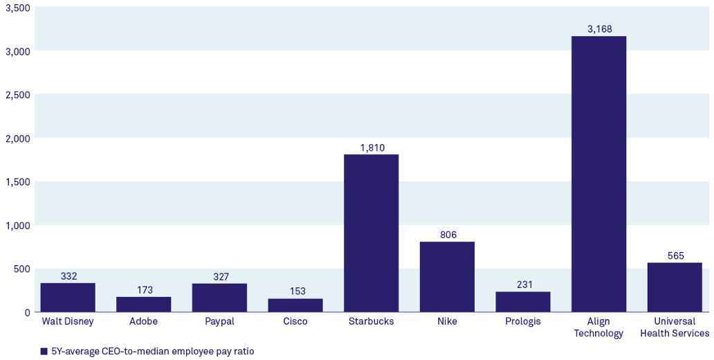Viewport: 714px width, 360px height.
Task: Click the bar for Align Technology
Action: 599,174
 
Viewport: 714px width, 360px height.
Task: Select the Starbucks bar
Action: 371,233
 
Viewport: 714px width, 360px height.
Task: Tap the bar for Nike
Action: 447,276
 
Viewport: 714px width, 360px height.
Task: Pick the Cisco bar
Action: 295,305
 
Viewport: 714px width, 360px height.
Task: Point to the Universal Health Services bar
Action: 675,287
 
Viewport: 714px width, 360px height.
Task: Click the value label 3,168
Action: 599,29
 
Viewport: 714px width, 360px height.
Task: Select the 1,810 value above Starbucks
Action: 372,147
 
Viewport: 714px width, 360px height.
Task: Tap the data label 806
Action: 448,235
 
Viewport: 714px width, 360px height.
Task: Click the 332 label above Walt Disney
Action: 68,276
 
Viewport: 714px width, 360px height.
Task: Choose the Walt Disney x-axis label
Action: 68,321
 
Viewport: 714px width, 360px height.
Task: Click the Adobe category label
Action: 143,321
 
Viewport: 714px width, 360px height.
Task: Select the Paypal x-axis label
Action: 219,321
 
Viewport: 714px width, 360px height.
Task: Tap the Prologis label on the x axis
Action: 523,321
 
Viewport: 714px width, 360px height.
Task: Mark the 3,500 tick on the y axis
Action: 17,8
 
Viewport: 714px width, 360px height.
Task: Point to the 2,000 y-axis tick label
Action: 17,138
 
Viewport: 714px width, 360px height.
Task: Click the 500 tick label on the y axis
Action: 22,269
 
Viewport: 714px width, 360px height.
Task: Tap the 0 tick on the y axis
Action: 27,313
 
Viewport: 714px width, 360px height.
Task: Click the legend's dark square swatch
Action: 44,352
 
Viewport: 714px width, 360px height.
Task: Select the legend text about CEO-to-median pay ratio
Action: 152,352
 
